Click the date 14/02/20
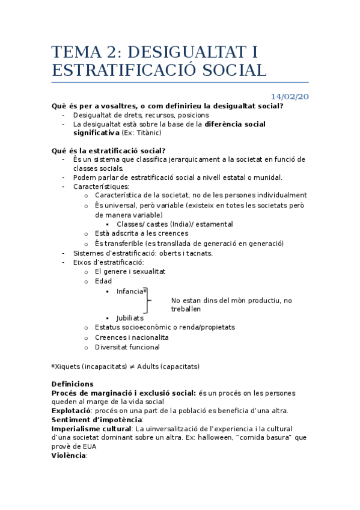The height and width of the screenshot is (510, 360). tap(290, 97)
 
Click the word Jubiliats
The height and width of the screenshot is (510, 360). tap(130, 318)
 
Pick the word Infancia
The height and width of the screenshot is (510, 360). tap(130, 291)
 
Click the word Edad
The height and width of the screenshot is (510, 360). tap(103, 281)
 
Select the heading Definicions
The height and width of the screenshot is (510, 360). tap(73, 384)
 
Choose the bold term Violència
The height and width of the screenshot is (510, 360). tap(69, 456)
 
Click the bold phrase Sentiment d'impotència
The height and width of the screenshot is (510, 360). tap(96, 420)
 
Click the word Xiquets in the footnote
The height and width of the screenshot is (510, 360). tap(67, 366)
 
